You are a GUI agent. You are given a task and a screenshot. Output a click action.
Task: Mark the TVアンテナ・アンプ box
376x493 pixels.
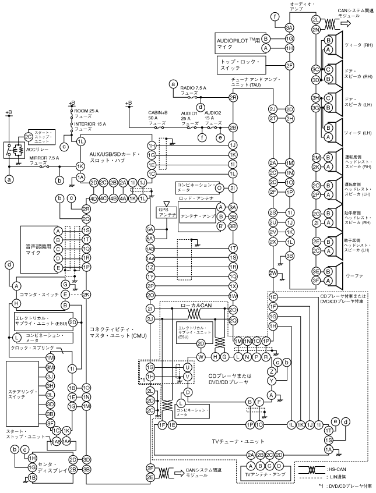265,475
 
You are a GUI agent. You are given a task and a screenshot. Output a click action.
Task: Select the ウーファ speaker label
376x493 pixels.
354,276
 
